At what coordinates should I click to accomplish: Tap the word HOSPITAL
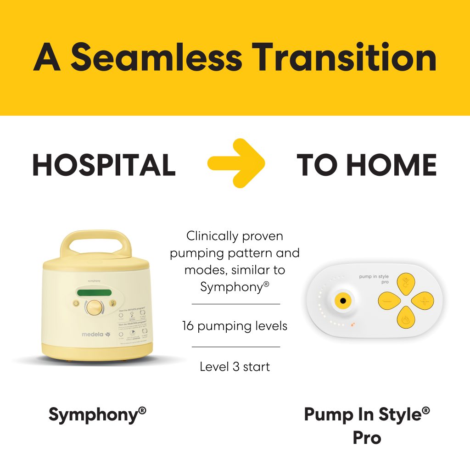tap(104, 165)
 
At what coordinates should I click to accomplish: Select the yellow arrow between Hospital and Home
tap(237, 163)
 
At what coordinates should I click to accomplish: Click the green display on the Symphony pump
tap(95, 293)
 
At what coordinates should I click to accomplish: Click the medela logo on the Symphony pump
tap(96, 334)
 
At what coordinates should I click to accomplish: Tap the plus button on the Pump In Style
tap(423, 301)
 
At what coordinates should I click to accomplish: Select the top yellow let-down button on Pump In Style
tap(405, 284)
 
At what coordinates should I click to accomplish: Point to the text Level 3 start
tap(235, 367)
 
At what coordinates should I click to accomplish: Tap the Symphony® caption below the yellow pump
tap(97, 415)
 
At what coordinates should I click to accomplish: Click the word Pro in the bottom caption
tap(367, 437)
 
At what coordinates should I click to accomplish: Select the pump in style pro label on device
tap(374, 279)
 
